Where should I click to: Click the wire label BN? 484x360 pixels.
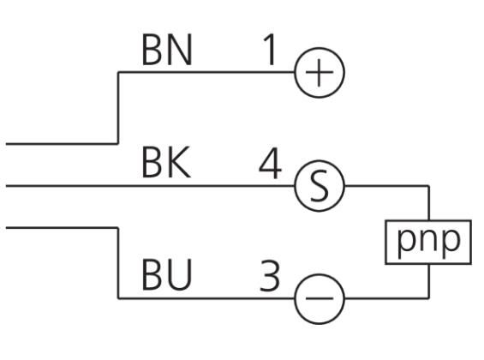pos(167,50)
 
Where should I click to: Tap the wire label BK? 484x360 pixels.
pos(166,162)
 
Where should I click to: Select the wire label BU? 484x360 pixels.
pos(167,275)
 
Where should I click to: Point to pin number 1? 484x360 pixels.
pos(270,50)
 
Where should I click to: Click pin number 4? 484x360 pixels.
pos(271,164)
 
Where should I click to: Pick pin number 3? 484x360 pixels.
pos(270,275)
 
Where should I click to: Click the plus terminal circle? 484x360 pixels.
pos(320,48)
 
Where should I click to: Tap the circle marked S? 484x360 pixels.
pos(320,160)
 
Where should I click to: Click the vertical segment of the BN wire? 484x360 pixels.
pos(118,108)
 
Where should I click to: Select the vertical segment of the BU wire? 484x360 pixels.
pos(118,263)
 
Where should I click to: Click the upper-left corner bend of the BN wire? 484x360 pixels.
pos(118,72)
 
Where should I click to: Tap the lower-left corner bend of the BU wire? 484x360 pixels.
pos(118,298)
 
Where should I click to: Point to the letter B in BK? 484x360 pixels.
pos(152,162)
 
